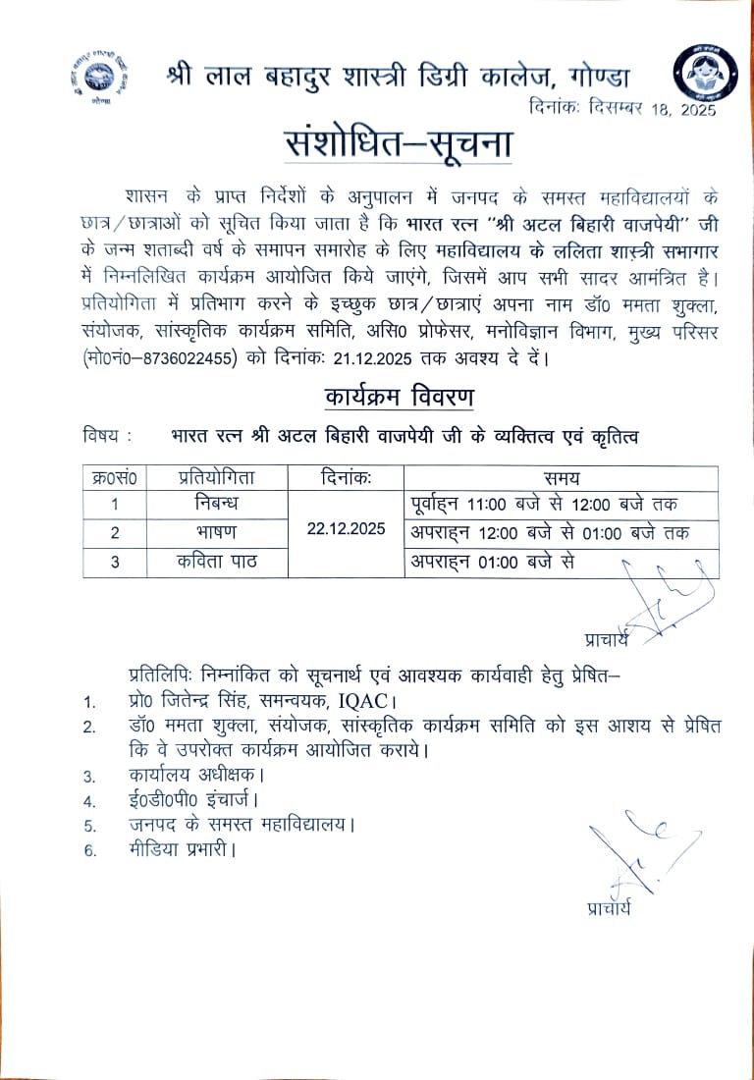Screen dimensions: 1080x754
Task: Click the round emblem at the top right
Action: (700, 75)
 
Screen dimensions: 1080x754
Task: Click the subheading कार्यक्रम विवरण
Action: (399, 398)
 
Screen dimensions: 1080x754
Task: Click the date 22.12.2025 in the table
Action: (346, 528)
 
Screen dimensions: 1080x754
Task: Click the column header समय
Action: (562, 479)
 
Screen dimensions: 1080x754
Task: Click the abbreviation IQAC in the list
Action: (354, 701)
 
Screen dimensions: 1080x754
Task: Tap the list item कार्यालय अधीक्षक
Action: (197, 775)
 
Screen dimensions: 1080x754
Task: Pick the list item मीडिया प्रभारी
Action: (182, 849)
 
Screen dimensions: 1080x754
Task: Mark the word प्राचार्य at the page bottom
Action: (609, 907)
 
